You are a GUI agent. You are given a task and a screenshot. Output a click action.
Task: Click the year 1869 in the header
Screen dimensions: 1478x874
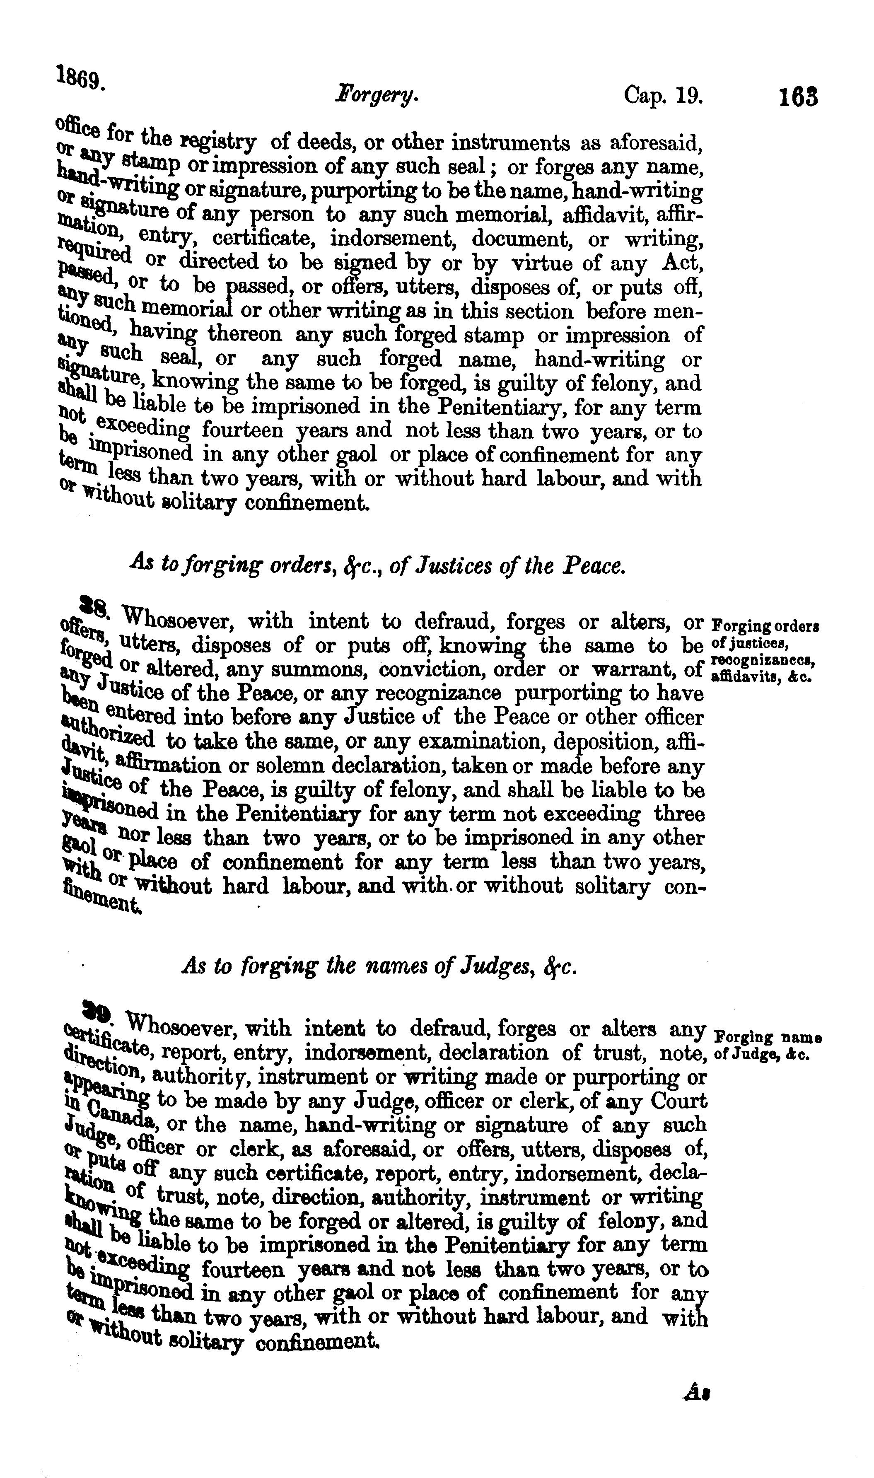81,77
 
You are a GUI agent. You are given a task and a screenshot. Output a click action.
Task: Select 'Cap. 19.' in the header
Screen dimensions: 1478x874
663,95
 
